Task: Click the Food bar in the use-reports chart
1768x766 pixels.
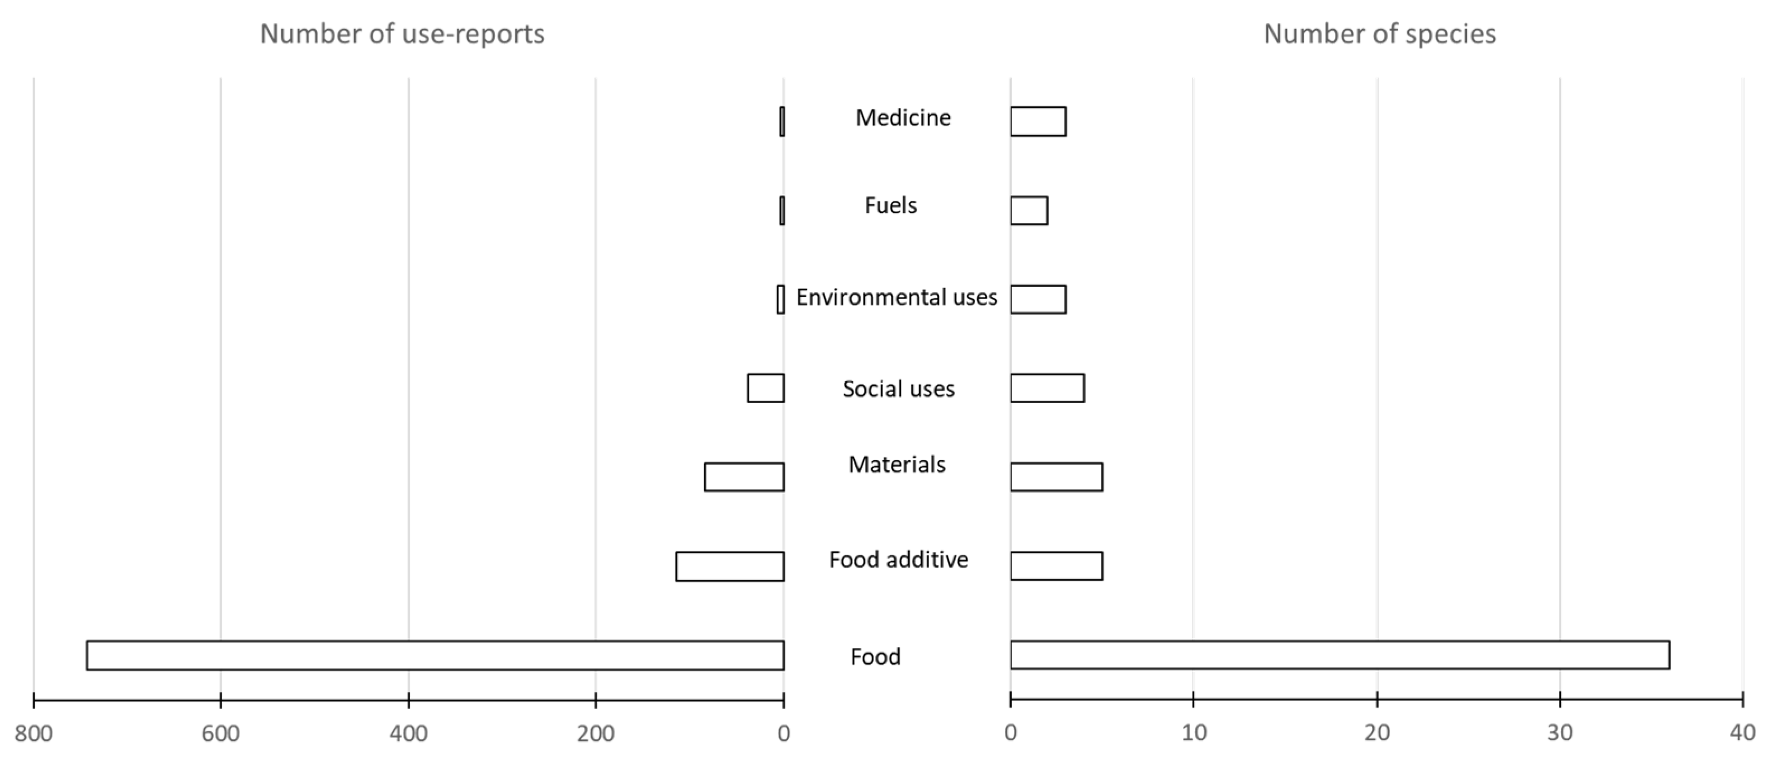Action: pyautogui.click(x=435, y=655)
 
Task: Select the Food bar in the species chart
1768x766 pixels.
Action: pyautogui.click(x=1339, y=655)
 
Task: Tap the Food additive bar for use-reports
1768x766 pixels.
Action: pyautogui.click(x=729, y=566)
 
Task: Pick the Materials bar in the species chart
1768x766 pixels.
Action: pyautogui.click(x=1057, y=477)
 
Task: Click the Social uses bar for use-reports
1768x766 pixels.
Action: pyautogui.click(x=765, y=388)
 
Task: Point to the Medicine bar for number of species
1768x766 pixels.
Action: pyautogui.click(x=1038, y=121)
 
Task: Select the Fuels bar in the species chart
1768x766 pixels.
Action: pyautogui.click(x=1029, y=211)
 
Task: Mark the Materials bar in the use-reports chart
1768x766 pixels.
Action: pyautogui.click(x=744, y=477)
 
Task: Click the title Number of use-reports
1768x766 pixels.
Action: pyautogui.click(x=402, y=34)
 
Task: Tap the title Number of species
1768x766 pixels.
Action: pyautogui.click(x=1379, y=34)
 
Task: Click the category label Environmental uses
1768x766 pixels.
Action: pyautogui.click(x=897, y=297)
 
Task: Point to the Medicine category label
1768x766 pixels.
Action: pyautogui.click(x=903, y=118)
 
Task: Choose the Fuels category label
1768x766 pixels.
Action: pyautogui.click(x=890, y=206)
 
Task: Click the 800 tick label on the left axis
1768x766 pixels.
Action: pyautogui.click(x=34, y=734)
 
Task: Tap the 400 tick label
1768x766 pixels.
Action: pyautogui.click(x=408, y=734)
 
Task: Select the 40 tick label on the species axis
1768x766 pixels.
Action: pyautogui.click(x=1742, y=733)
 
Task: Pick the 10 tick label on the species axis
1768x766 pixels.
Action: pyautogui.click(x=1194, y=733)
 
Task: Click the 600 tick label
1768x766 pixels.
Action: pyautogui.click(x=220, y=734)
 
